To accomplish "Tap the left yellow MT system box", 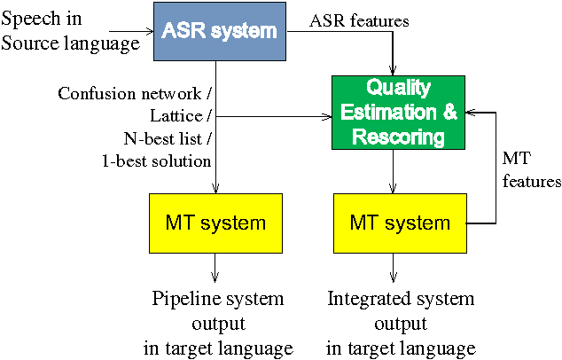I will [215, 222].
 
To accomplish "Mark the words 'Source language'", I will [70, 42].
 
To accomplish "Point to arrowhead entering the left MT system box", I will [215, 191].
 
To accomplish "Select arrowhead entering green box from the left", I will [326, 116].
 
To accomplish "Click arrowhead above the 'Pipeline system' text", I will [215, 278].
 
